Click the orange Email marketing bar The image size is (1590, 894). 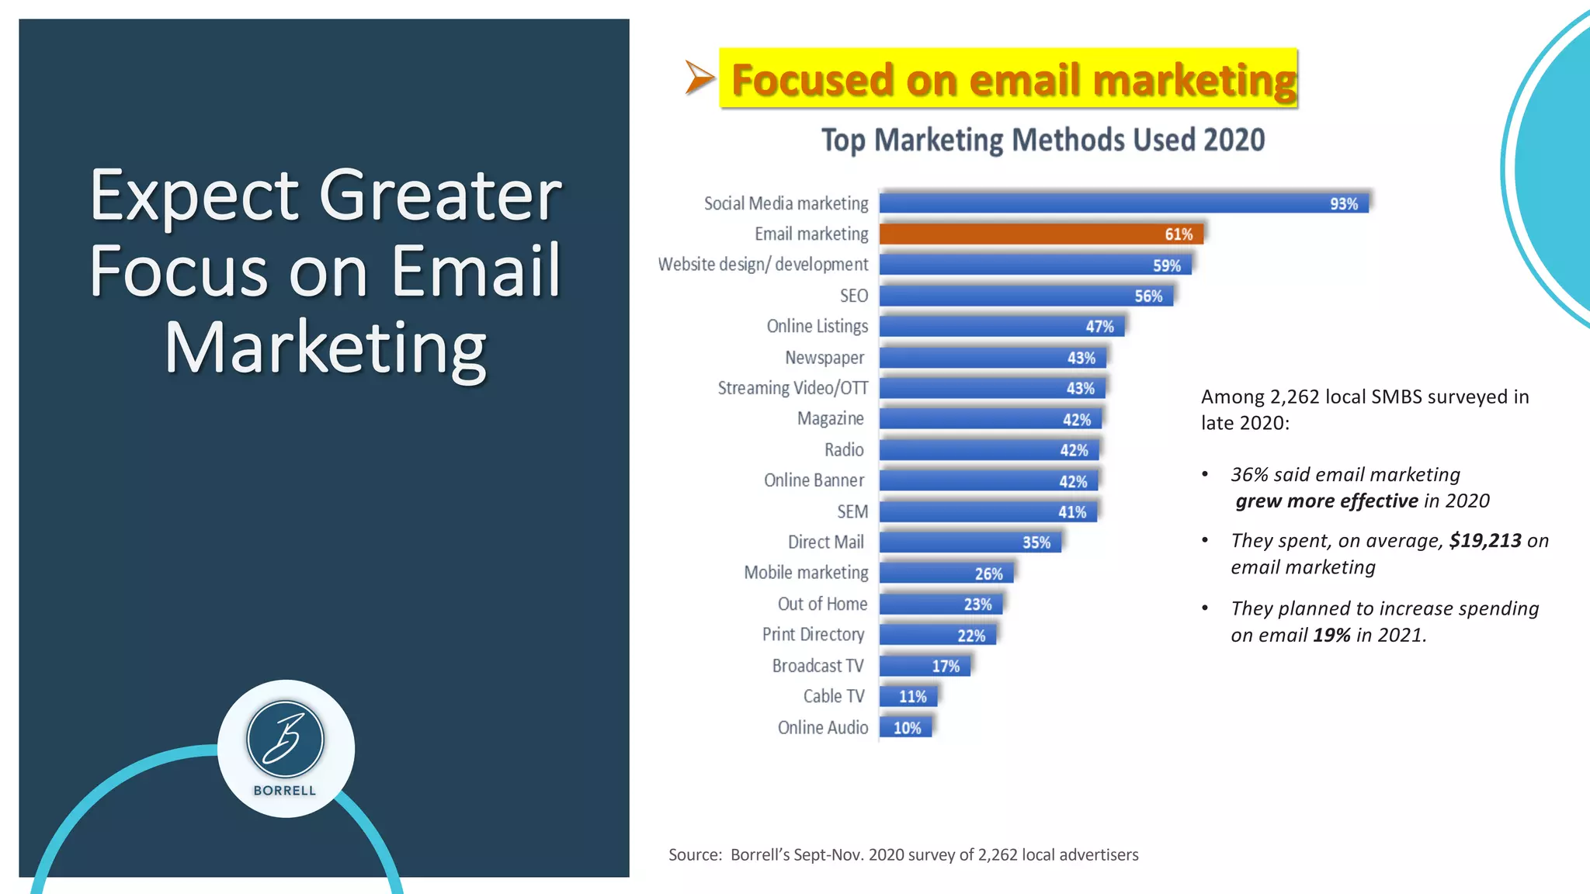point(1040,234)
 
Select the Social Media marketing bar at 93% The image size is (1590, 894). point(1123,203)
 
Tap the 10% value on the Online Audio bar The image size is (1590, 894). point(907,728)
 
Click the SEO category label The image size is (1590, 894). point(853,296)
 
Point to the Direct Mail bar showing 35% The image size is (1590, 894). point(970,542)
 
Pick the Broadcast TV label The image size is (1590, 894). point(818,666)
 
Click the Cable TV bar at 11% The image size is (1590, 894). point(908,696)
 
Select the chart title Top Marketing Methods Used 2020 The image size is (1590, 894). point(1043,140)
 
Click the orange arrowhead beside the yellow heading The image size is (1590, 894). point(697,78)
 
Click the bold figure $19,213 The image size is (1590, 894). point(1484,541)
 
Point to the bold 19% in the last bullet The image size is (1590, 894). point(1331,636)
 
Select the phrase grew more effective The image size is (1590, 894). point(1327,501)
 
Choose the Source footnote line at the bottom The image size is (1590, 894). point(903,854)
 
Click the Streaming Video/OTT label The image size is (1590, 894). point(793,388)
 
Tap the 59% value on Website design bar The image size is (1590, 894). point(1166,265)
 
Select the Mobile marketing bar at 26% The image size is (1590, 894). point(946,573)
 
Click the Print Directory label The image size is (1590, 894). point(813,635)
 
